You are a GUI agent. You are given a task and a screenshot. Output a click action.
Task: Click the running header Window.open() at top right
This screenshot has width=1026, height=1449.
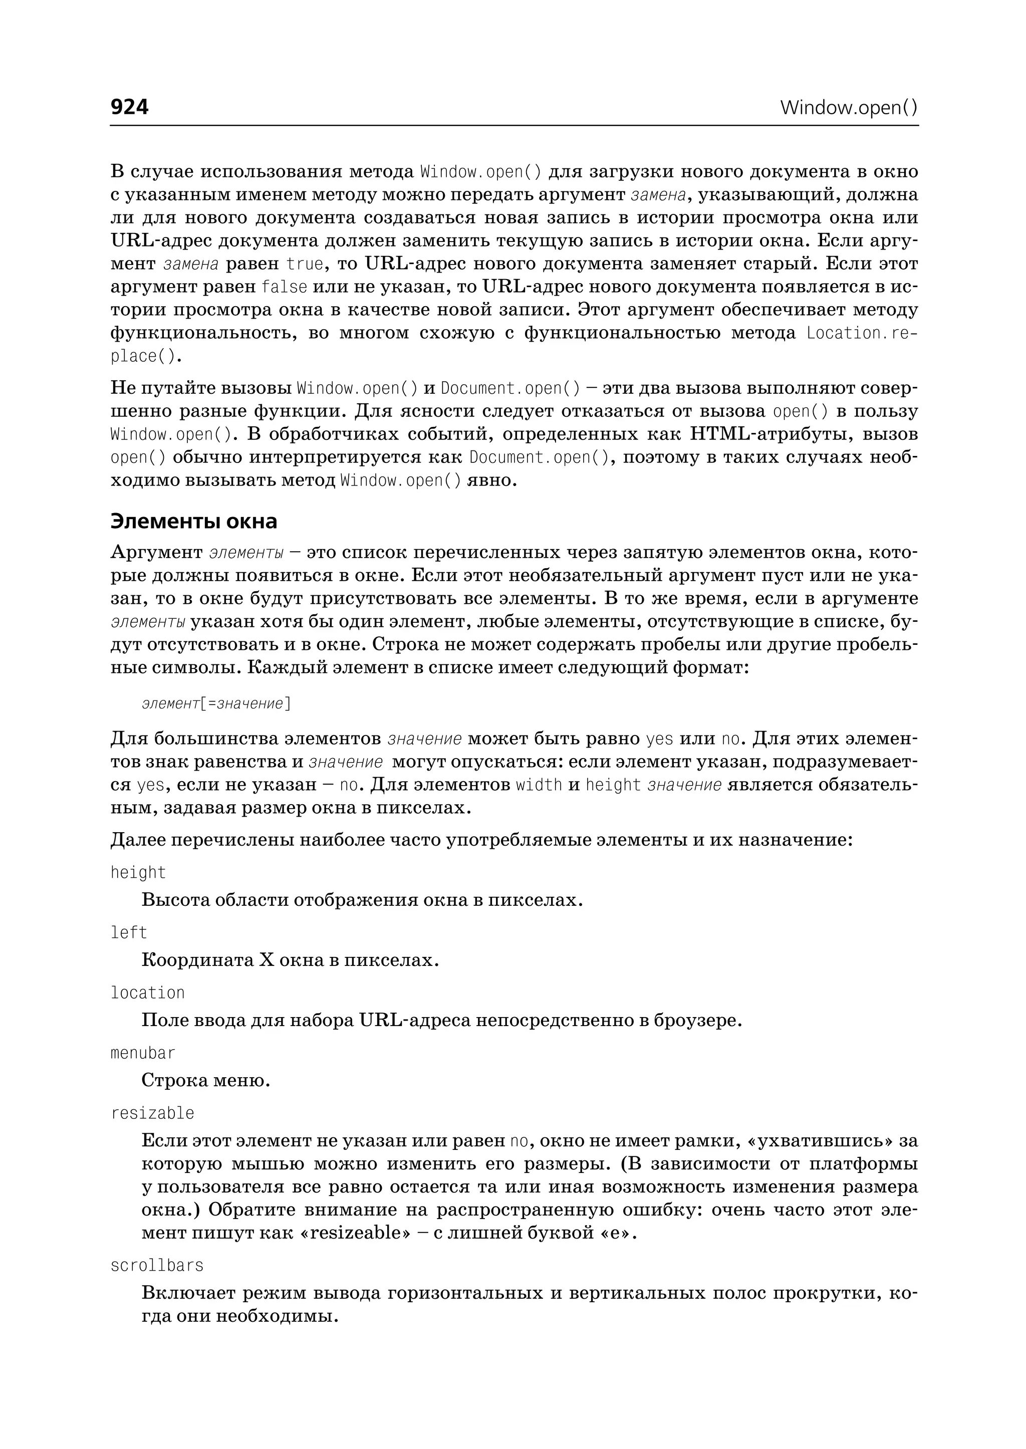849,107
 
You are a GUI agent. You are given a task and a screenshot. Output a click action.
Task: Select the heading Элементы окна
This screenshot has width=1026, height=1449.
194,522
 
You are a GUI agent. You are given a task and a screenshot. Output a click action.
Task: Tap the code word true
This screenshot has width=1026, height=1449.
305,264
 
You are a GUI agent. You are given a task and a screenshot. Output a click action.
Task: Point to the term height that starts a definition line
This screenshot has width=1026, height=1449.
138,873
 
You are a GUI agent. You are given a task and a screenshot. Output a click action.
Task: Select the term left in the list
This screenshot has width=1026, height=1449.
128,933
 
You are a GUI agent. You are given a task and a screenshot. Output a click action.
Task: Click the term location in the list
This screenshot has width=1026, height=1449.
147,993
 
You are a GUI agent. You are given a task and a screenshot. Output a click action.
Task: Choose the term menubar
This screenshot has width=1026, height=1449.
143,1053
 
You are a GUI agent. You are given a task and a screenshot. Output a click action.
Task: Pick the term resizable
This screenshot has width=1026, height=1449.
152,1113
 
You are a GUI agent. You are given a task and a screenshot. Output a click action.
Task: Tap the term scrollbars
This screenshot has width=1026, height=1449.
157,1265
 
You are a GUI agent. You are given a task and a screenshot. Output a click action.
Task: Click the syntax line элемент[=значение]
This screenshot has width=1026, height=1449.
216,703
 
